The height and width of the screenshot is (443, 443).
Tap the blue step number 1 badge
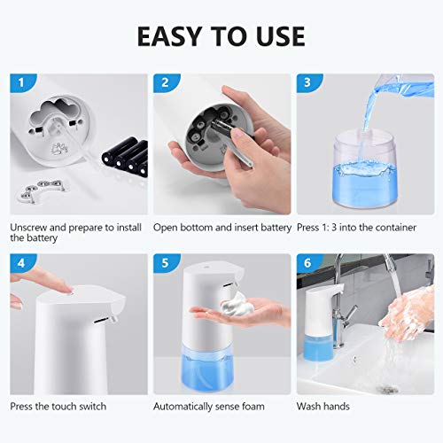pyautogui.click(x=21, y=82)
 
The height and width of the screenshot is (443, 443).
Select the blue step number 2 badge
pyautogui.click(x=165, y=82)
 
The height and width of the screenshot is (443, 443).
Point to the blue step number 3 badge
pyautogui.click(x=308, y=82)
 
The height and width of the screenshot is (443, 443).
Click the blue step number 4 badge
pyautogui.click(x=21, y=262)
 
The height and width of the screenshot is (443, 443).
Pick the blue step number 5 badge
pyautogui.click(x=165, y=262)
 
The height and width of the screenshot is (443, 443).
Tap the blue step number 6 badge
pyautogui.click(x=308, y=262)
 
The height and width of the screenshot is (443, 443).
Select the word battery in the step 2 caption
pyautogui.click(x=276, y=228)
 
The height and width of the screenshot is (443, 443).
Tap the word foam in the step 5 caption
pyautogui.click(x=253, y=407)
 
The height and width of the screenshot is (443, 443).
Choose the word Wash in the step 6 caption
pyautogui.click(x=308, y=407)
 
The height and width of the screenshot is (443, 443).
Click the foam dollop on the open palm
pyautogui.click(x=237, y=304)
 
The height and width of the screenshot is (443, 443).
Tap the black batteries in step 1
pyautogui.click(x=126, y=157)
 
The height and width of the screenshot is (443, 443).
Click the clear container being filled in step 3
pyautogui.click(x=365, y=170)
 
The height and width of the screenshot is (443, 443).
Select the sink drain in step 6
pyautogui.click(x=387, y=390)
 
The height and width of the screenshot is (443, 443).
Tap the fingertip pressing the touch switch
pyautogui.click(x=66, y=288)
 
